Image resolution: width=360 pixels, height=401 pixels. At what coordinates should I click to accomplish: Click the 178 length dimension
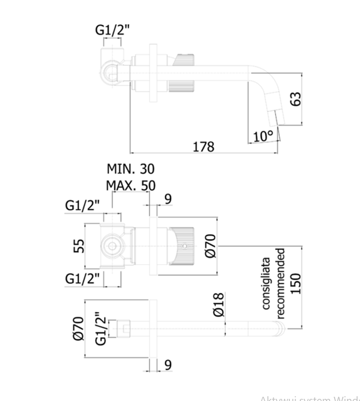point(203,146)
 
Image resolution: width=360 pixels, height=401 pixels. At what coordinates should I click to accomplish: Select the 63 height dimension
point(297,99)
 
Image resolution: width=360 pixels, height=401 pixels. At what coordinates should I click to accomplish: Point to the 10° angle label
point(263,136)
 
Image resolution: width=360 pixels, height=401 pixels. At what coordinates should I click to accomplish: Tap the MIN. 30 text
point(131,169)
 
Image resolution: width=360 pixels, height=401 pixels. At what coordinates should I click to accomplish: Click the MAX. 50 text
point(130,185)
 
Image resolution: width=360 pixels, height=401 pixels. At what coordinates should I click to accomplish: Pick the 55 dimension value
point(79,246)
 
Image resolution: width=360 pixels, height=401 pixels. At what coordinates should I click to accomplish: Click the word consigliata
point(267,283)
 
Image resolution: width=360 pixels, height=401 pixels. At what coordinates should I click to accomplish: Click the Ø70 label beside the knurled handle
point(210,245)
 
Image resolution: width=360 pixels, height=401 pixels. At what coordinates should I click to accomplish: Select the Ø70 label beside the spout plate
point(78,328)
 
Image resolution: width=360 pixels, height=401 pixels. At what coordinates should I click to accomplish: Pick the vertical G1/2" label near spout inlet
point(101,328)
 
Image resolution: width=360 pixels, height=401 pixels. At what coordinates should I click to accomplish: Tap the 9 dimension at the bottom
point(167,365)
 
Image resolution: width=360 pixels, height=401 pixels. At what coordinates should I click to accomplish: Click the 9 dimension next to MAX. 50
point(167,199)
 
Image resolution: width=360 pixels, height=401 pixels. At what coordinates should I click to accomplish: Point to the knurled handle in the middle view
point(182,246)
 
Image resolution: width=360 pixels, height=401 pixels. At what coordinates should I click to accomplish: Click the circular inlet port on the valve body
point(112,246)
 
